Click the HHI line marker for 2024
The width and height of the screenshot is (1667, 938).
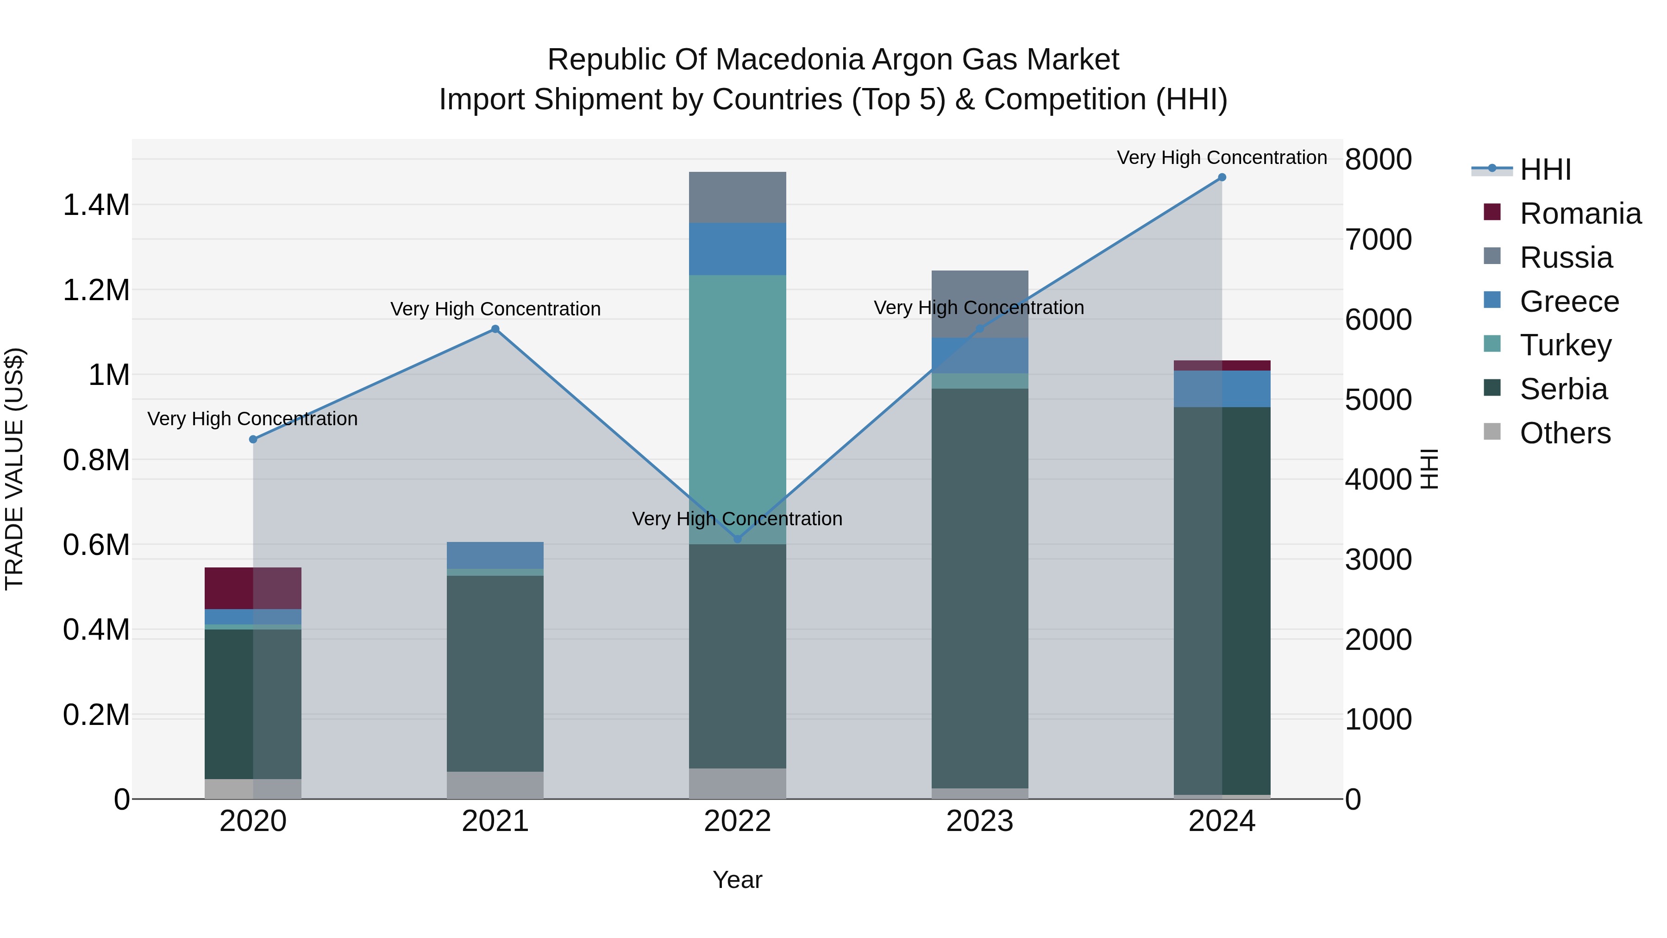click(x=1222, y=177)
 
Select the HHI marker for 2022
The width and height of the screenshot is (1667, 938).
click(x=737, y=539)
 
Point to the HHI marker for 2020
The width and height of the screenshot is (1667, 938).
click(x=253, y=440)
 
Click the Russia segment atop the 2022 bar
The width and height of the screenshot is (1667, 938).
click(x=737, y=197)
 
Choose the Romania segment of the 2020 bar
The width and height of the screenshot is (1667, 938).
click(x=252, y=588)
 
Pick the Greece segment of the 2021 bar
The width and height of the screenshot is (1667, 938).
click(x=495, y=555)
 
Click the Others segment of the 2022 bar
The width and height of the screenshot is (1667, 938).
click(x=737, y=783)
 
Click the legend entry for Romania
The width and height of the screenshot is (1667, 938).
click(x=1579, y=214)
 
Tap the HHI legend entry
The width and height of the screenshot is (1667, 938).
click(x=1545, y=170)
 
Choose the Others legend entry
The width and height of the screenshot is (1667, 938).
click(x=1565, y=433)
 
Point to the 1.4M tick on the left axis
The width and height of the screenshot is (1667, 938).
click(x=96, y=205)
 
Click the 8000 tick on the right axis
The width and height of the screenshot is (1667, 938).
click(x=1378, y=159)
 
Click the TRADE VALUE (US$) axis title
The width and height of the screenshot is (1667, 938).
click(x=15, y=469)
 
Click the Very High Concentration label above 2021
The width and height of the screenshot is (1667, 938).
click(x=495, y=309)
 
